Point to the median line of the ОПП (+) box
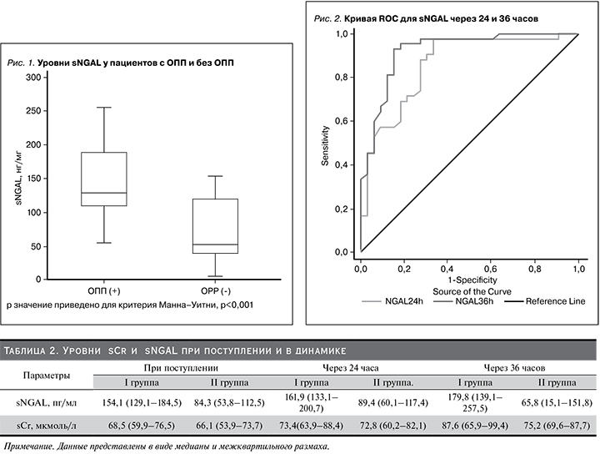pyautogui.click(x=104, y=193)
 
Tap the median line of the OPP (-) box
pyautogui.click(x=215, y=245)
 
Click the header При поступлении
pyautogui.click(x=181, y=367)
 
